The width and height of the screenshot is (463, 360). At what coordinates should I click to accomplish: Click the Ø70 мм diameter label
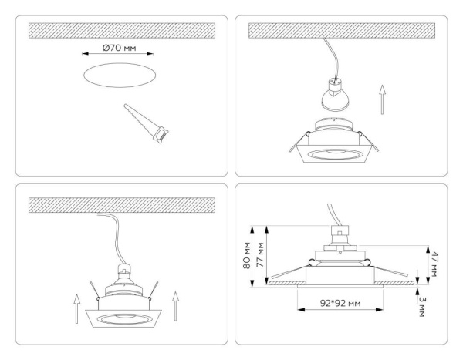tap(118, 49)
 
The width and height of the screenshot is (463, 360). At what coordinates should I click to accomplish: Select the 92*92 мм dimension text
tap(340, 303)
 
